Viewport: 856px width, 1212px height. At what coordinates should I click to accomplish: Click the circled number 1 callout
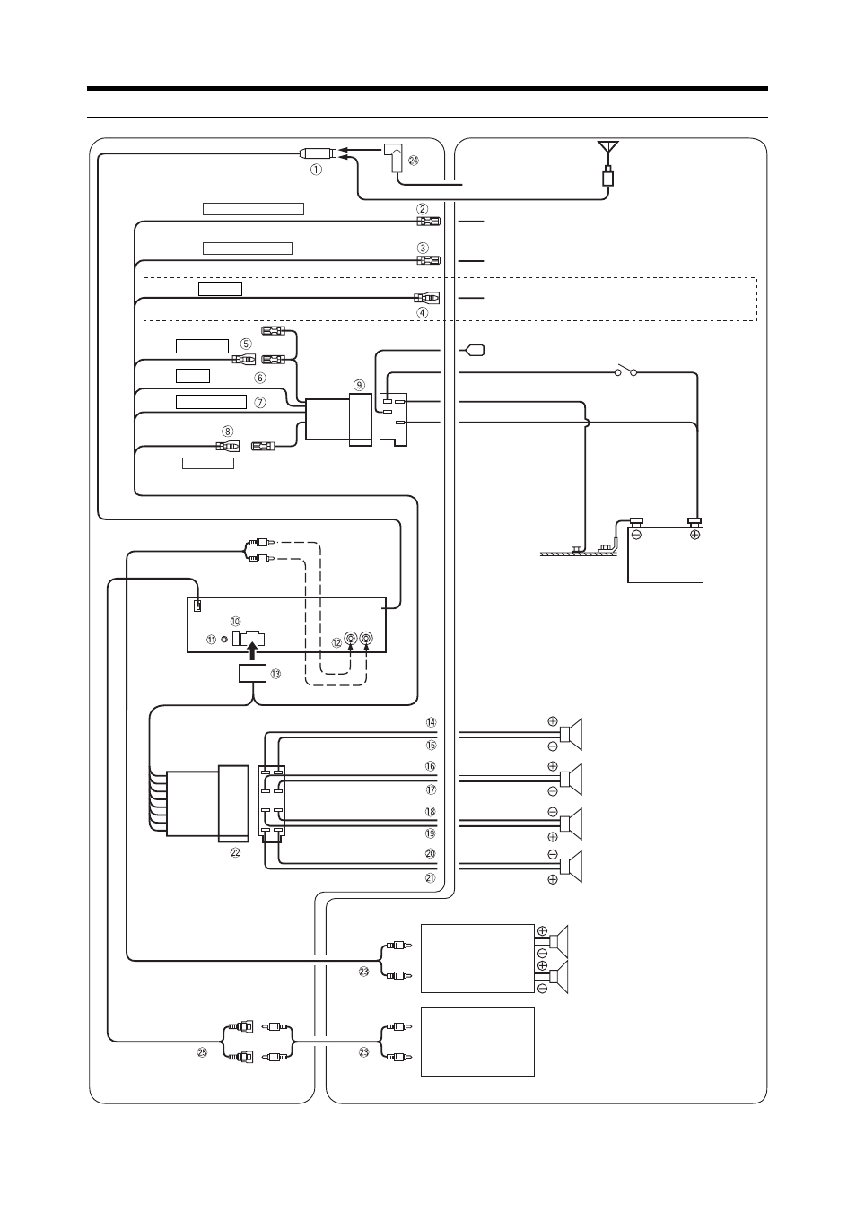coord(316,170)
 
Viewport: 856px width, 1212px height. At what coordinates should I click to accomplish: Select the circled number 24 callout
coord(414,161)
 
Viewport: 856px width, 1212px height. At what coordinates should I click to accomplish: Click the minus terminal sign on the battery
coord(636,535)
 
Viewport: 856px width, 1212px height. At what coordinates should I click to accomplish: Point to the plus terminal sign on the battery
coord(694,535)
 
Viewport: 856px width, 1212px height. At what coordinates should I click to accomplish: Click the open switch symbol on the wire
coord(625,371)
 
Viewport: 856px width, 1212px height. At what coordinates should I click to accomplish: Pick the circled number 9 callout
coord(359,385)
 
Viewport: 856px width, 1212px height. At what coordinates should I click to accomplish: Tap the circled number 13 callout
coord(275,674)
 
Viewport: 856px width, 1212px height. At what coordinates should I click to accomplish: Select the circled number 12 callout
coord(337,642)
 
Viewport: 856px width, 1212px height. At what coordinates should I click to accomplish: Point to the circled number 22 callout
coord(235,853)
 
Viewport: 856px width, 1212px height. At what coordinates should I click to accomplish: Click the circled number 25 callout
coord(202,1052)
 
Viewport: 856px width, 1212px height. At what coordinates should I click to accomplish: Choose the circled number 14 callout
coord(431,722)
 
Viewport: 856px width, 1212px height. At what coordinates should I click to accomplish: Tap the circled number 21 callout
coord(431,878)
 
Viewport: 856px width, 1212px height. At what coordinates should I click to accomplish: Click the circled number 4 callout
coord(422,312)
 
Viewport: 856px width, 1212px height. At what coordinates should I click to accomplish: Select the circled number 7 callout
coord(260,403)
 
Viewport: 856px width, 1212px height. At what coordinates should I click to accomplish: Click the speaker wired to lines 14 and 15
coord(572,734)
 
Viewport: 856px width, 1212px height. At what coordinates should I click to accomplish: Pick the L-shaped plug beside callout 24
coord(393,158)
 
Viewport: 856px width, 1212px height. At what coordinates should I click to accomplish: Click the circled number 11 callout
coord(211,640)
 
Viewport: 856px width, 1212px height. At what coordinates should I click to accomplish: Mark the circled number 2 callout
coord(422,209)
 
